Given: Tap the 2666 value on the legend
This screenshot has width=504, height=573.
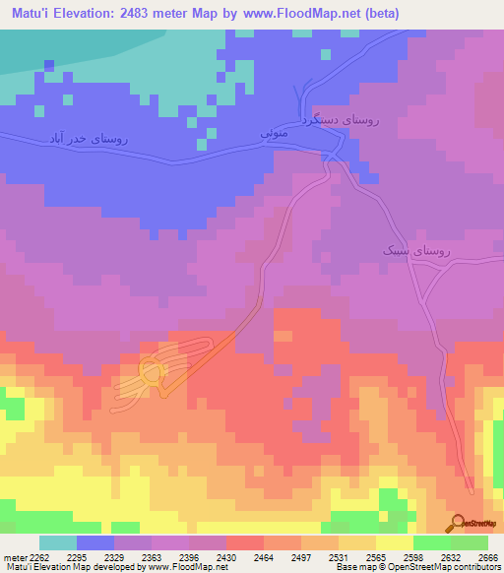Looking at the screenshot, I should [x=488, y=556].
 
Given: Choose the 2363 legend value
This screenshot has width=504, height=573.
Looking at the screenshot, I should [x=152, y=556].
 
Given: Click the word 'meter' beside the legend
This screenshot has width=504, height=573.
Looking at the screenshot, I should [x=13, y=556].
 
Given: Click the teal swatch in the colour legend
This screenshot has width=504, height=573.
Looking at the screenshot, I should [x=58, y=542].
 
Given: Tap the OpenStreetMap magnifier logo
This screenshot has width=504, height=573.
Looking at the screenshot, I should [x=458, y=523].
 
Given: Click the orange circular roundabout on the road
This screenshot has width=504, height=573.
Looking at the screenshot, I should [x=152, y=372].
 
